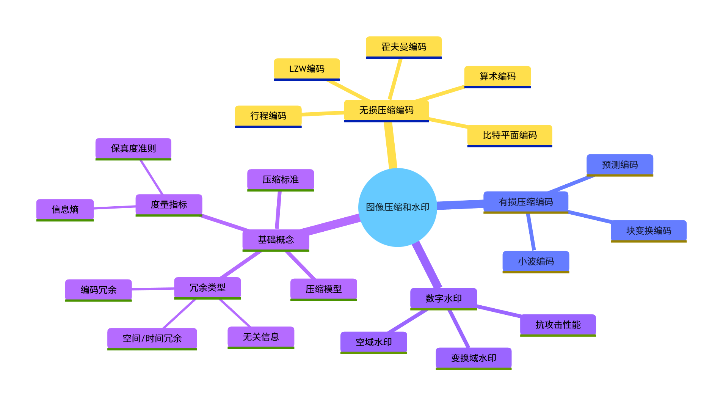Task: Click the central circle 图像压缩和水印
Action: pos(397,207)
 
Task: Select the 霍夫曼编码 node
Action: pos(403,47)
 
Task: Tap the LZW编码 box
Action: pos(307,69)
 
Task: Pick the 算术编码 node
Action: pos(497,77)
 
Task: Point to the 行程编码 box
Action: pos(268,116)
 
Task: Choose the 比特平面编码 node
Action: pos(510,135)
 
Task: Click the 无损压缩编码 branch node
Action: pos(386,110)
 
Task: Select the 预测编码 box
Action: pos(619,165)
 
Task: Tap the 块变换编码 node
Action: pos(648,231)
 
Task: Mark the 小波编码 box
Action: pos(536,262)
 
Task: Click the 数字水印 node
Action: pos(443,298)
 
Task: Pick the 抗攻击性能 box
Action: pos(558,325)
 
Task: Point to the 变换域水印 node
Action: pos(474,358)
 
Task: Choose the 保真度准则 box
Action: pos(133,149)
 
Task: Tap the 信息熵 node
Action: pos(65,210)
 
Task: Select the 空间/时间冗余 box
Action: pos(152,339)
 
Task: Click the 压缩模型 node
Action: pos(323,289)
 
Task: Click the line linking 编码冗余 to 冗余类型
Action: pos(153,289)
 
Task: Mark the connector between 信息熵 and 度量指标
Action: pos(114,207)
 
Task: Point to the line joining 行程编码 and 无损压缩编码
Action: pos(323,113)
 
